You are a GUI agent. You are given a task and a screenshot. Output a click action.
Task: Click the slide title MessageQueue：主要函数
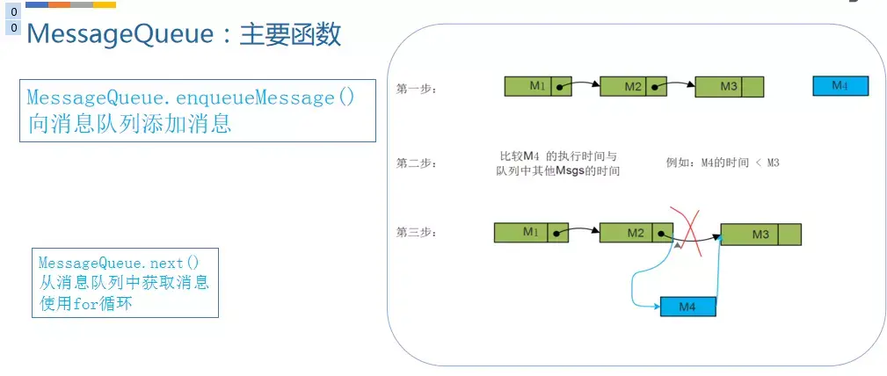tap(184, 34)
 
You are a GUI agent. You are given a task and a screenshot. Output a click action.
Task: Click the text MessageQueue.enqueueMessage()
tap(191, 98)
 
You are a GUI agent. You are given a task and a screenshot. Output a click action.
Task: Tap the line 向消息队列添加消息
tap(129, 124)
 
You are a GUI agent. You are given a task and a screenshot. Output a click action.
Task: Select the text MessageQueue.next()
tap(119, 263)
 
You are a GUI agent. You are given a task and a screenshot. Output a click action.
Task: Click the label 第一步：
tap(417, 89)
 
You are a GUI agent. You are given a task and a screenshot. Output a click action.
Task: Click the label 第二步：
tap(417, 163)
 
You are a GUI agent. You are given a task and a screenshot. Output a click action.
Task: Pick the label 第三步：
tap(417, 233)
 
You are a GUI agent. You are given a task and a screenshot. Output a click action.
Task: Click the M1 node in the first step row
tap(538, 86)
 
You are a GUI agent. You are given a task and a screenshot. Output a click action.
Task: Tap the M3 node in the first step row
tap(729, 86)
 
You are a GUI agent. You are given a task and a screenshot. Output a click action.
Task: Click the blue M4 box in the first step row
tap(840, 85)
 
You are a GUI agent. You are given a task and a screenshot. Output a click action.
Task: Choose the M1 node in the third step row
tap(530, 232)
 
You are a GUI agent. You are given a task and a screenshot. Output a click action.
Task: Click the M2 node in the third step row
tap(636, 233)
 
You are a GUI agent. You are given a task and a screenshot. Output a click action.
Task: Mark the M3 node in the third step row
tap(760, 234)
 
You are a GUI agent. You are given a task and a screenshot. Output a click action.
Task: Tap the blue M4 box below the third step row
tap(687, 307)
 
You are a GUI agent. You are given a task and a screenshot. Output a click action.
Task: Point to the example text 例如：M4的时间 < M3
tap(723, 163)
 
